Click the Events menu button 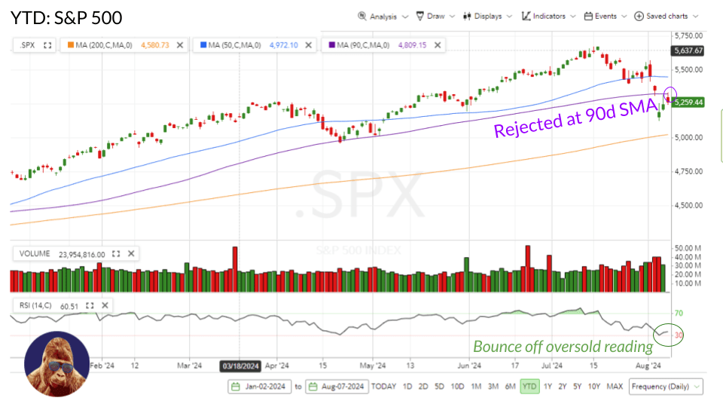604,16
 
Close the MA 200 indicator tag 180,45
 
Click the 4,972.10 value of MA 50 282,45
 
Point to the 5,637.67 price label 689,50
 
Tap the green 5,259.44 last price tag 688,102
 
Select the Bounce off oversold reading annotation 563,347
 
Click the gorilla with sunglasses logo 57,364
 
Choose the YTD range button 529,387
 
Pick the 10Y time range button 594,387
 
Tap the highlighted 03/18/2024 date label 240,366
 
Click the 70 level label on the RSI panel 678,313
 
